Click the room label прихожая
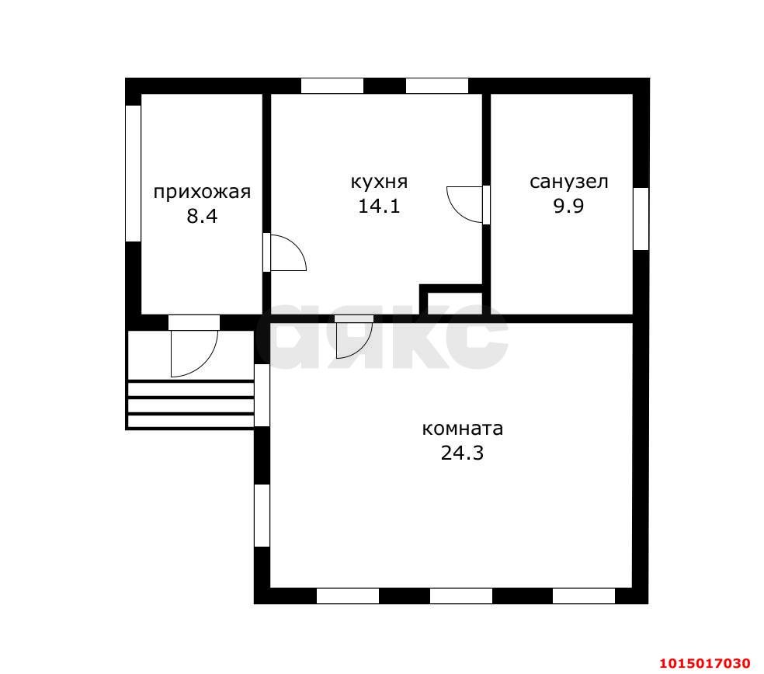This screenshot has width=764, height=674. pyautogui.click(x=202, y=193)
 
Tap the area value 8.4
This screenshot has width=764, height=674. pyautogui.click(x=202, y=216)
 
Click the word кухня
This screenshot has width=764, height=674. pyautogui.click(x=379, y=182)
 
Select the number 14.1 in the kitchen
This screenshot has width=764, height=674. pyautogui.click(x=379, y=206)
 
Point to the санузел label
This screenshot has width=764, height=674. pyautogui.click(x=568, y=182)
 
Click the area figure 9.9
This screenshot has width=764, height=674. pyautogui.click(x=568, y=206)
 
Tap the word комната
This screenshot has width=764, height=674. pyautogui.click(x=463, y=429)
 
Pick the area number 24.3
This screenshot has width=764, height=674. pyautogui.click(x=463, y=453)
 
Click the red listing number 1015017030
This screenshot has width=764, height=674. pyautogui.click(x=705, y=663)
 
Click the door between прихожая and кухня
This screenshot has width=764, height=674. pyautogui.click(x=284, y=252)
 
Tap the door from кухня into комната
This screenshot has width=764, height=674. pyautogui.click(x=354, y=337)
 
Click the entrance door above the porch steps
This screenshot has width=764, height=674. pyautogui.click(x=194, y=347)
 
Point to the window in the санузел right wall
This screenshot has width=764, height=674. pyautogui.click(x=641, y=219)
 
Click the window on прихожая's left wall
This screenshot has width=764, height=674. pyautogui.click(x=133, y=173)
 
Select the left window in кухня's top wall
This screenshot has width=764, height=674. pyautogui.click(x=332, y=85)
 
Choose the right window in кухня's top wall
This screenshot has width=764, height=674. pyautogui.click(x=437, y=85)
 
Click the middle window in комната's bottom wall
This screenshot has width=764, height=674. pyautogui.click(x=461, y=596)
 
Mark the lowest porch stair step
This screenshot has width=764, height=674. pyautogui.click(x=190, y=421)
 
